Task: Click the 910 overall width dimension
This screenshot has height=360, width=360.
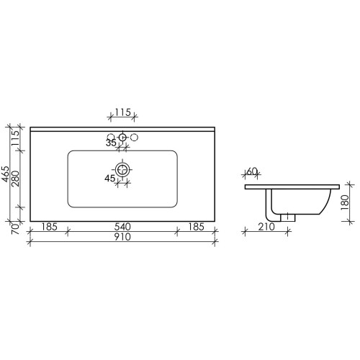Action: [122, 237]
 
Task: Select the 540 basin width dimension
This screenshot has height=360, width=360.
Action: [122, 227]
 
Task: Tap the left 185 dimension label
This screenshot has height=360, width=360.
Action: [49, 227]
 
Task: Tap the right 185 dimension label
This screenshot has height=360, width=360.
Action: [196, 227]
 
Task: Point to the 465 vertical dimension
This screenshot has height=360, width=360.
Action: [5, 174]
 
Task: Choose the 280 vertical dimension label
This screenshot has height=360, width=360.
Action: [15, 179]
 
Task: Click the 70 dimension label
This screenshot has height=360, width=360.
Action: [15, 229]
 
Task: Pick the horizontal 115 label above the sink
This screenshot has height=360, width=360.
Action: [122, 112]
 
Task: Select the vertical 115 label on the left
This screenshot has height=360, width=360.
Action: [15, 138]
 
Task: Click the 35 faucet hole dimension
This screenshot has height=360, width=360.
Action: [111, 143]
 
